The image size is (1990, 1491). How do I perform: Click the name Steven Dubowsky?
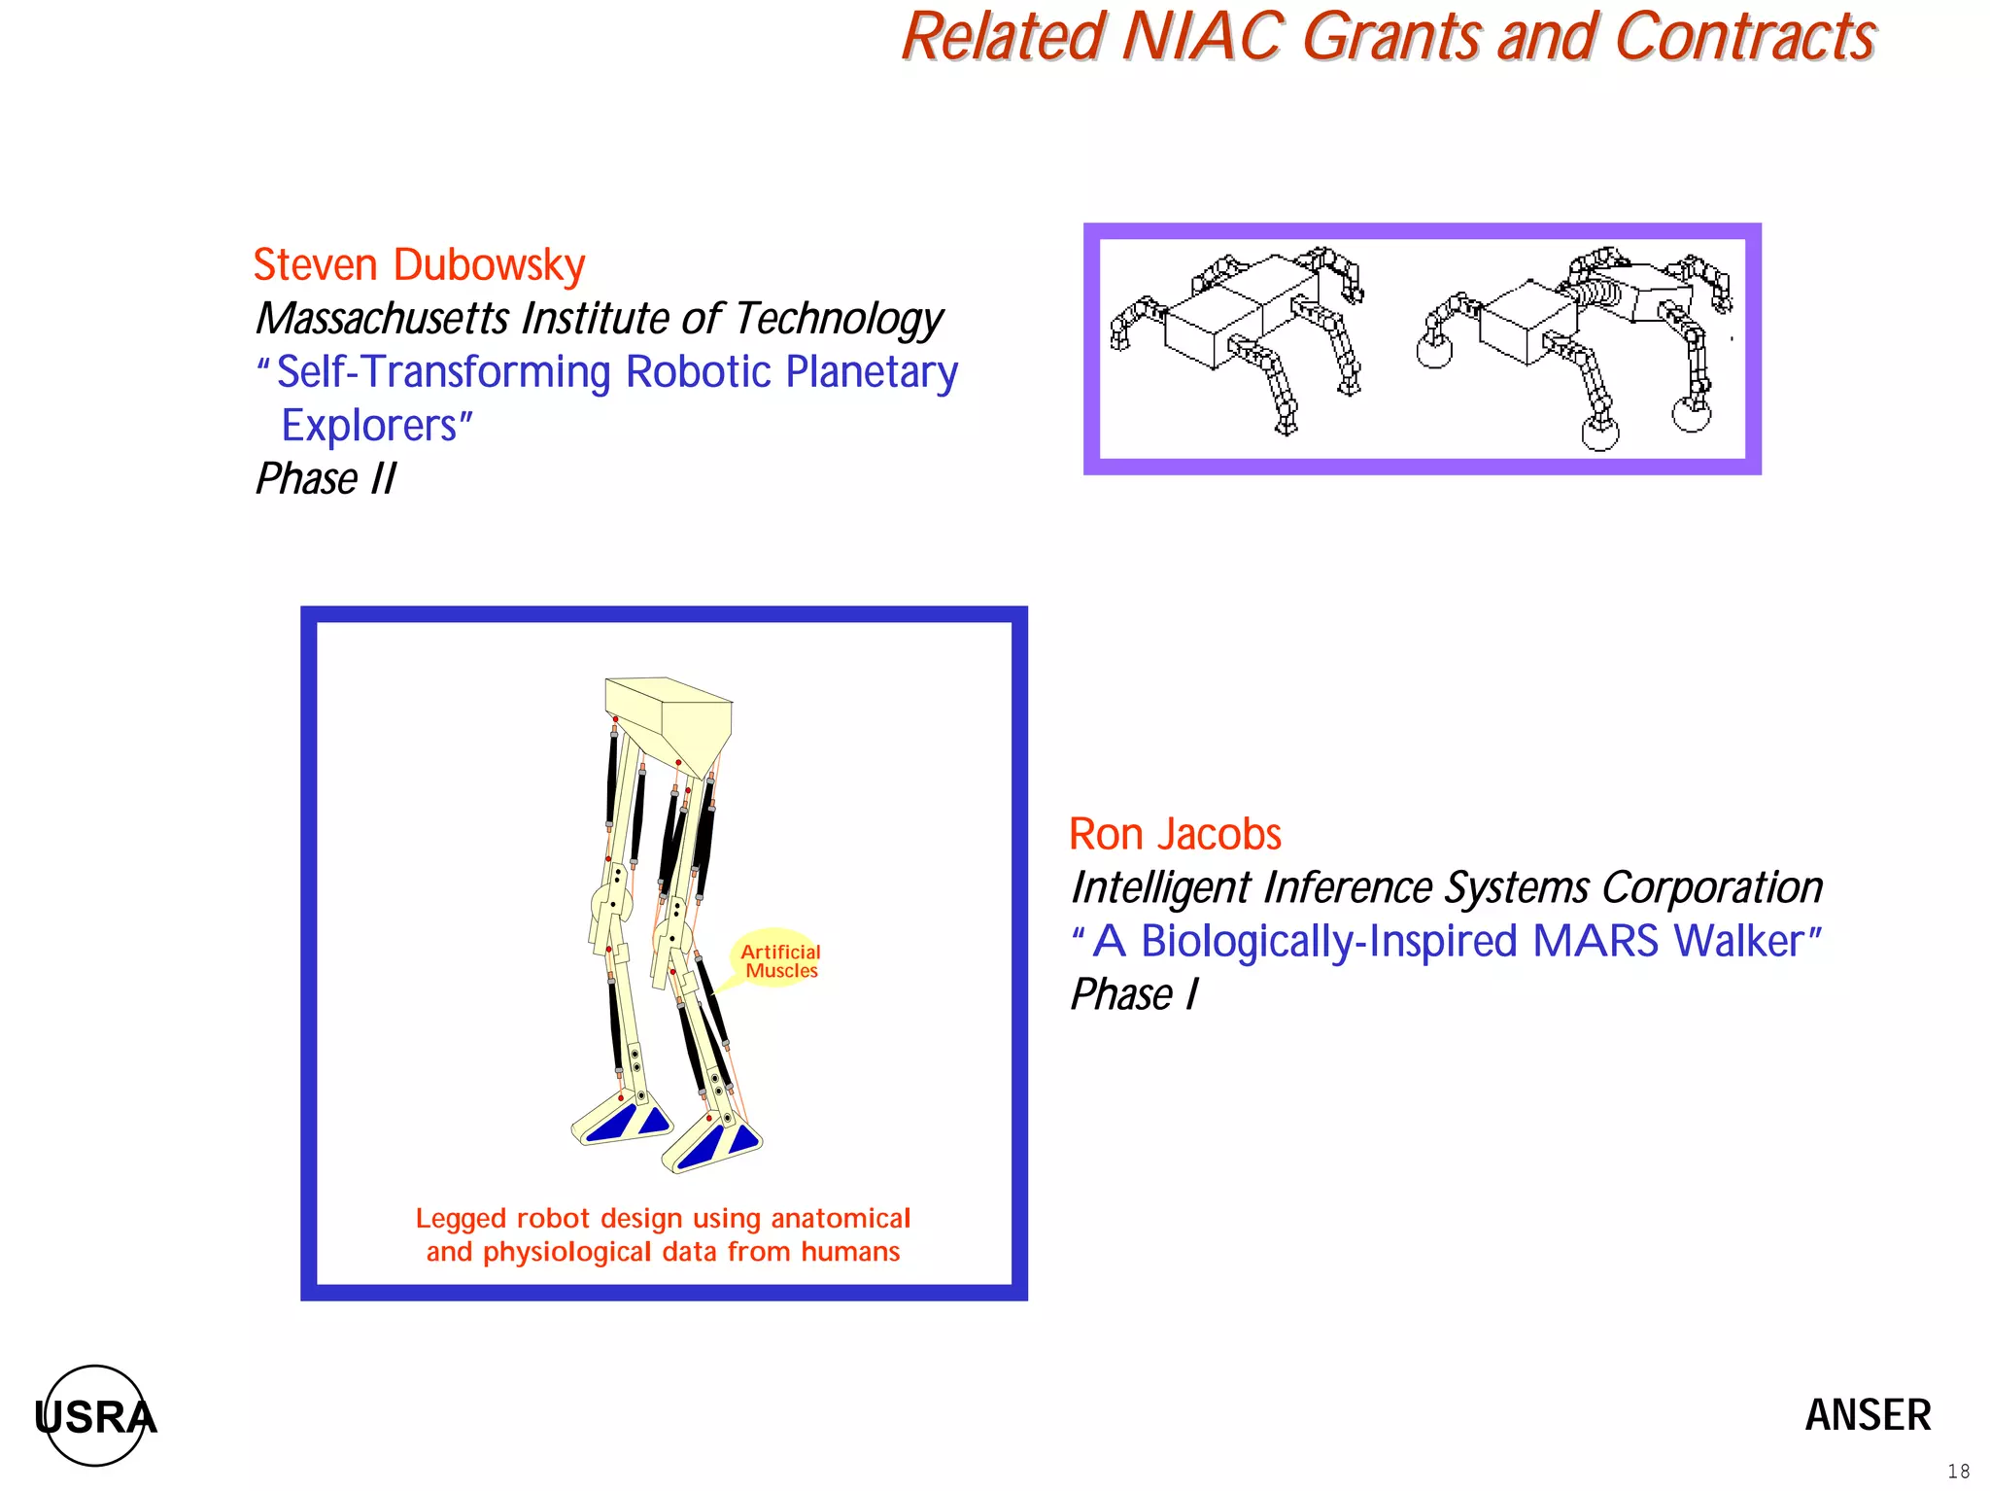(419, 265)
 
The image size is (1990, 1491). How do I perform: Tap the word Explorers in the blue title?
(369, 426)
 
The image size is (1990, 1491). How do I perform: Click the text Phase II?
(326, 479)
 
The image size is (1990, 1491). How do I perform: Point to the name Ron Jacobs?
(1175, 835)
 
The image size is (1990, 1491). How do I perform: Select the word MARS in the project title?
(1595, 942)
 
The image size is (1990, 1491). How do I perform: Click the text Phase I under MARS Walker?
(1134, 995)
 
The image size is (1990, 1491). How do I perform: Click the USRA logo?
(95, 1416)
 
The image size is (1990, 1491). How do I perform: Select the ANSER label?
(1868, 1415)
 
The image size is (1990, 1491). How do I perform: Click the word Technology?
(839, 319)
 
